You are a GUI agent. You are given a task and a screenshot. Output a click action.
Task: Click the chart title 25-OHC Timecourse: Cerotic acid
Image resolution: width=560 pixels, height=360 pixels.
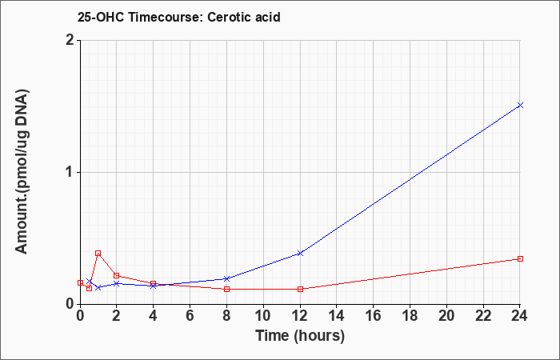(x=178, y=17)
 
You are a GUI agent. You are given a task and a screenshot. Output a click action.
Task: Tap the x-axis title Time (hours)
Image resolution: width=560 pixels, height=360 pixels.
(x=300, y=336)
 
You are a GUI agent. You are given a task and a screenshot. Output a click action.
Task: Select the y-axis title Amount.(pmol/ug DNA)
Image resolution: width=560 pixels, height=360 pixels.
(x=22, y=172)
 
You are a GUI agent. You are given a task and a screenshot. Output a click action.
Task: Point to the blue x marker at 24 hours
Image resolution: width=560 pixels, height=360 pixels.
(x=520, y=105)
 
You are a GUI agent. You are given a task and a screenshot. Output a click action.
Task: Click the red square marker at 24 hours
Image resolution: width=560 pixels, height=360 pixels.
(x=520, y=258)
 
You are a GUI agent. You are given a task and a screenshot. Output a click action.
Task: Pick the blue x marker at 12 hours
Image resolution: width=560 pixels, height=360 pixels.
(x=300, y=254)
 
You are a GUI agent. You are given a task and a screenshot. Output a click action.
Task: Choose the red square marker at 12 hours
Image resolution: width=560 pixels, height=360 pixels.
(x=300, y=289)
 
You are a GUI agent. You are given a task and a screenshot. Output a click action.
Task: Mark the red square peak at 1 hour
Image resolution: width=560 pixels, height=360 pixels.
(x=98, y=254)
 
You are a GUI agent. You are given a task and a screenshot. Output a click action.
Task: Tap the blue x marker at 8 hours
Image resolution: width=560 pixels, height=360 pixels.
(x=226, y=278)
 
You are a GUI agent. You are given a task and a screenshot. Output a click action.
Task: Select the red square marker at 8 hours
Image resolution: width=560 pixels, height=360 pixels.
(x=226, y=289)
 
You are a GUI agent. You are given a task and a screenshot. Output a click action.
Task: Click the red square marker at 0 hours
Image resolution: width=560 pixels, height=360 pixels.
(x=80, y=282)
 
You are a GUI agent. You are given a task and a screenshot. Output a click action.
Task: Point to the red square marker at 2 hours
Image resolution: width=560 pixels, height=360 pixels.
(x=117, y=275)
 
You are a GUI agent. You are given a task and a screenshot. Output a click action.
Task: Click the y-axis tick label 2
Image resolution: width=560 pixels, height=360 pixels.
(x=70, y=40)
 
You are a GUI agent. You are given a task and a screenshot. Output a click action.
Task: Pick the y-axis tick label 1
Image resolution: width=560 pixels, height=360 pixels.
(x=70, y=173)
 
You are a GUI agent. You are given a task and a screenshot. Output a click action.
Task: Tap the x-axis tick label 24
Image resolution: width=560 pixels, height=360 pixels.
(x=520, y=315)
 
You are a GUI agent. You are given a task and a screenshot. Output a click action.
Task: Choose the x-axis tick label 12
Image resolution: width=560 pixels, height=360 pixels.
(x=300, y=315)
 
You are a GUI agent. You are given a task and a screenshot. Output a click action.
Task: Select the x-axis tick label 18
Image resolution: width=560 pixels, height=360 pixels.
(x=410, y=315)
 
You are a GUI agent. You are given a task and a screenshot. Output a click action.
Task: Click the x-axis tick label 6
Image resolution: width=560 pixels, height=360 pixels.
(x=190, y=315)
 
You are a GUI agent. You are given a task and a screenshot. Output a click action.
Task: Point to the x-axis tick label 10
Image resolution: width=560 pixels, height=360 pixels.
(x=263, y=315)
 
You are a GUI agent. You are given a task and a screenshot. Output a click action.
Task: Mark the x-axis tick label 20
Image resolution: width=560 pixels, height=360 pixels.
(x=446, y=315)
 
